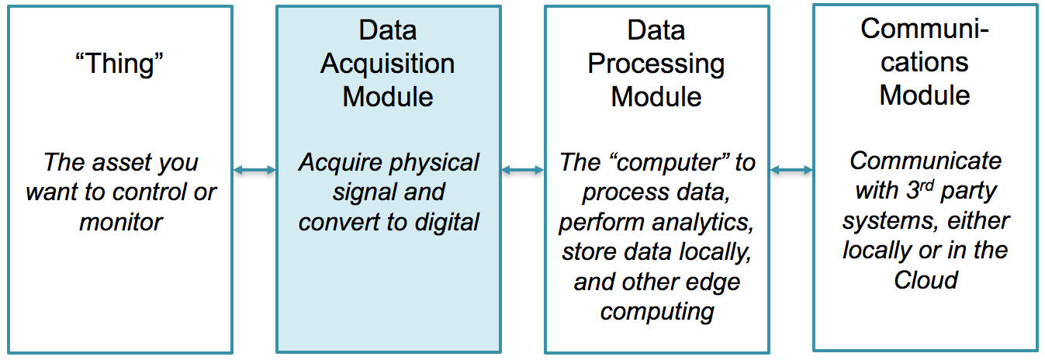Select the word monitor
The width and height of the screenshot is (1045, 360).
tap(121, 222)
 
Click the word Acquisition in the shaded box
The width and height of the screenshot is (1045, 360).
tap(387, 64)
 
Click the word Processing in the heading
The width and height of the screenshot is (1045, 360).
tap(656, 64)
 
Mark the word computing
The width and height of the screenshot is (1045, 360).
tap(656, 311)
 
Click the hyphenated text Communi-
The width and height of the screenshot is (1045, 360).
tap(925, 29)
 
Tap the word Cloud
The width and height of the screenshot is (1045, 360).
tap(926, 279)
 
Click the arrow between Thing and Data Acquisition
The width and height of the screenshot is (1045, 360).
tap(254, 170)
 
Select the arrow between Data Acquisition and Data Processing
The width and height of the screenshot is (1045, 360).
tap(522, 170)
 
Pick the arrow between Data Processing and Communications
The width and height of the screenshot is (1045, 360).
tap(791, 170)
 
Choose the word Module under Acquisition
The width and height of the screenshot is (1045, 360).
tap(387, 97)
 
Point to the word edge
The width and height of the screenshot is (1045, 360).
tap(717, 282)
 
